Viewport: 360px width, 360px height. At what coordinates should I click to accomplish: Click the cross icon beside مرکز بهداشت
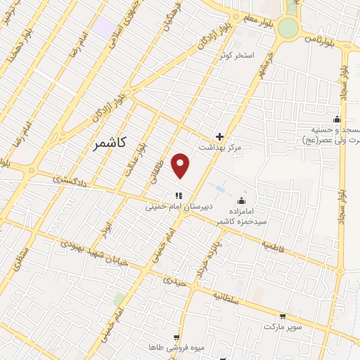(220, 136)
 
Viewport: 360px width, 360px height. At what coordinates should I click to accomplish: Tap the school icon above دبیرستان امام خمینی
(179, 195)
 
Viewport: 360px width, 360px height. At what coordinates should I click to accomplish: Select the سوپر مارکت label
(282, 328)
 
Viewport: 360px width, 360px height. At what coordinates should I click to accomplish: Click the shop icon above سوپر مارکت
(283, 316)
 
